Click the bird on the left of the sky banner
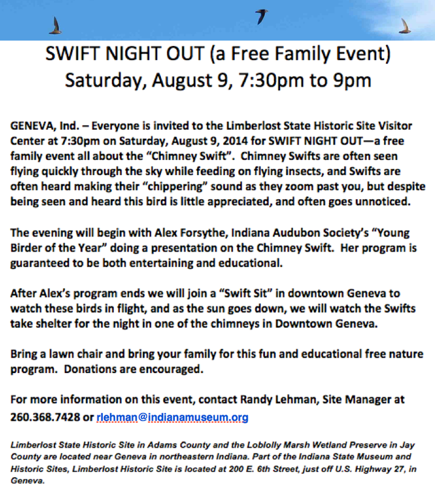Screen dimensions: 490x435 click(56, 25)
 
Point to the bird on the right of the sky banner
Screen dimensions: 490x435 click(404, 26)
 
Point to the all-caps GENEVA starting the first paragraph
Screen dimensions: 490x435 click(31, 126)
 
